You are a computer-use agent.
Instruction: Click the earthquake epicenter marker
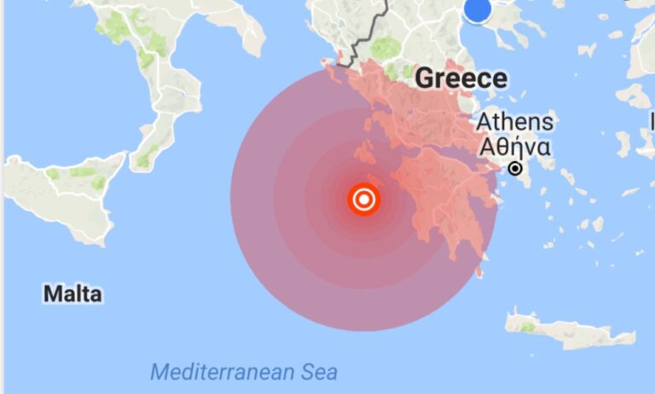point(364,200)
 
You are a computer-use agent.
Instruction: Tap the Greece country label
point(461,79)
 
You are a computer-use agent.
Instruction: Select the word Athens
point(515,121)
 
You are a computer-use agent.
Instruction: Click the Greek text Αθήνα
point(514,147)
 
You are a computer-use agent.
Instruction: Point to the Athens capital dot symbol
point(515,169)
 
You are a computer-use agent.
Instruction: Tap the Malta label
point(72,295)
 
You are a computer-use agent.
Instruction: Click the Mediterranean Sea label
point(244,372)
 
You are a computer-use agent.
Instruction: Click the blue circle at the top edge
point(478,9)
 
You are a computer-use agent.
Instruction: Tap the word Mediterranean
point(224,372)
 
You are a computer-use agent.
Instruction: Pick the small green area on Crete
point(528,327)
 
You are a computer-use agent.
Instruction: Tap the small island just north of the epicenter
point(367,156)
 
